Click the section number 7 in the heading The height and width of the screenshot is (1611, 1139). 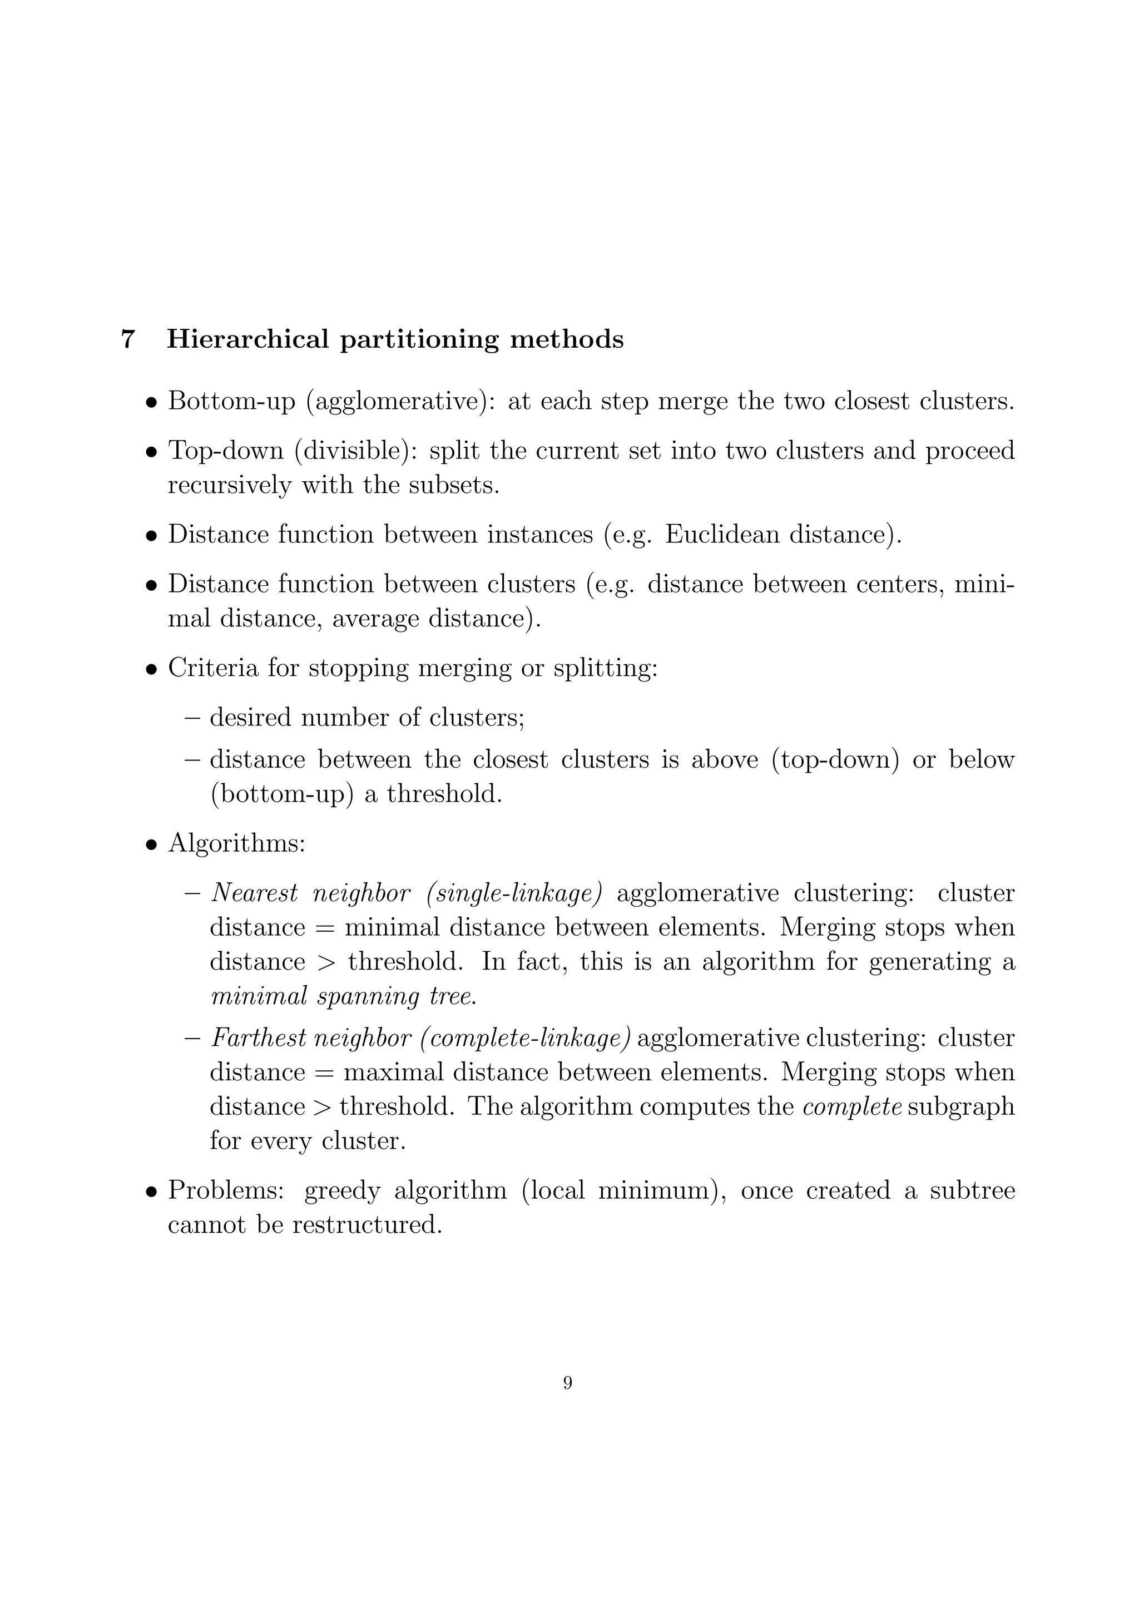click(x=128, y=339)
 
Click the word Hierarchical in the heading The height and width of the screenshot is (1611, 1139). click(x=247, y=339)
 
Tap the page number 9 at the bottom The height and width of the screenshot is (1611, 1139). click(x=567, y=1383)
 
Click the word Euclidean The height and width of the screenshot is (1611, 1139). click(x=722, y=535)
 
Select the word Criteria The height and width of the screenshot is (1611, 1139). click(x=213, y=668)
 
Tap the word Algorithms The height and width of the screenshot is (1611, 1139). click(x=236, y=843)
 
